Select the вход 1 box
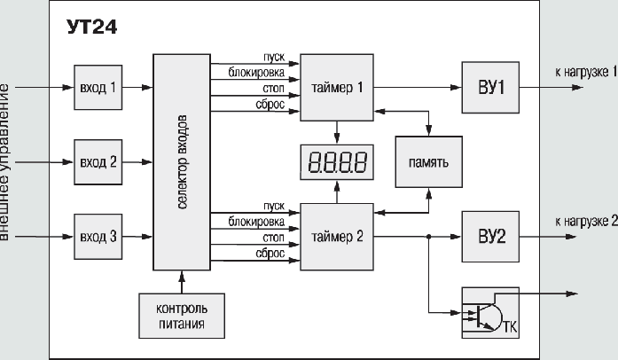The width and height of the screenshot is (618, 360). coord(98,88)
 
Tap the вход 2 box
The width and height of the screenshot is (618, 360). coord(98,162)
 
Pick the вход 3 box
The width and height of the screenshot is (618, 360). coord(98,237)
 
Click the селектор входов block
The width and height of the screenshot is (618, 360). coord(182,163)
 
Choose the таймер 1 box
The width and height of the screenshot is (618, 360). coord(337,88)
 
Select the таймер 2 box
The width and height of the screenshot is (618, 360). coord(337,237)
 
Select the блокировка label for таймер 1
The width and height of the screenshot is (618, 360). coord(256,71)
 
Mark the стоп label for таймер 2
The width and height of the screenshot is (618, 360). coord(273,238)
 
